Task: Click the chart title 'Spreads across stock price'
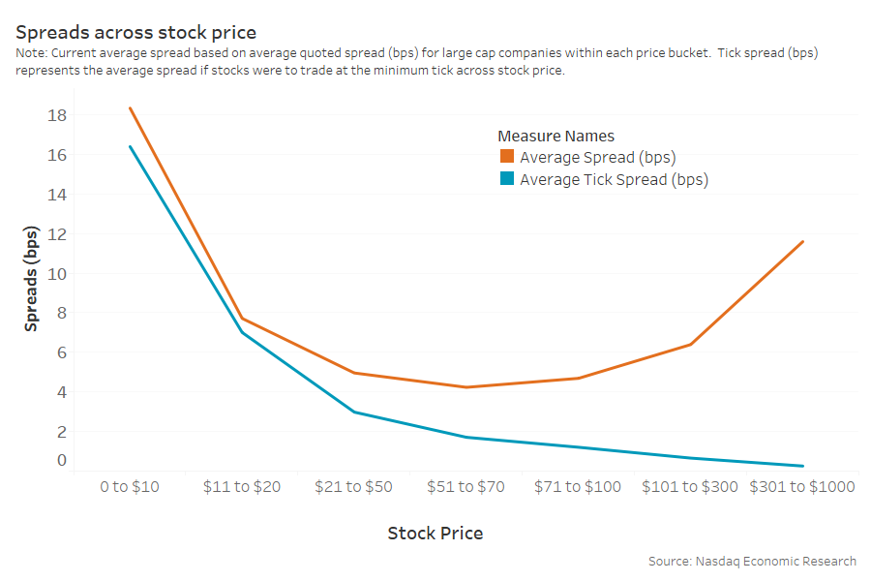(x=135, y=33)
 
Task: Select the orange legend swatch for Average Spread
(x=507, y=157)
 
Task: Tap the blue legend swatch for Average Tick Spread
(x=507, y=179)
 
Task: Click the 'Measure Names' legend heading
(x=556, y=136)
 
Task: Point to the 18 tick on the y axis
(x=57, y=115)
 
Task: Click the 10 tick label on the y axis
(x=57, y=274)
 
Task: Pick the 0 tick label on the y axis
(x=62, y=460)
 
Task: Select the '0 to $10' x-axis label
(x=130, y=486)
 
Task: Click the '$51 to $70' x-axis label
(x=466, y=486)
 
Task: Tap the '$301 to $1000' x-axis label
(x=802, y=486)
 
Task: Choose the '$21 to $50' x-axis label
(x=353, y=486)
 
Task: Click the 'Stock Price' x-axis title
(x=435, y=534)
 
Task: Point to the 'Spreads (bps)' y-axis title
(x=31, y=280)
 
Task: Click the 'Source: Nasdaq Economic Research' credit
(x=752, y=561)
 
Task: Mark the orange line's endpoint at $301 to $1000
(x=803, y=241)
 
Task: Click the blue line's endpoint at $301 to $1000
(x=803, y=466)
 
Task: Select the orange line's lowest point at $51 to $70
(x=466, y=387)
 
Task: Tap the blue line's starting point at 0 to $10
(x=130, y=146)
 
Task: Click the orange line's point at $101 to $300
(x=691, y=344)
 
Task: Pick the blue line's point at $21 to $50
(x=354, y=413)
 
